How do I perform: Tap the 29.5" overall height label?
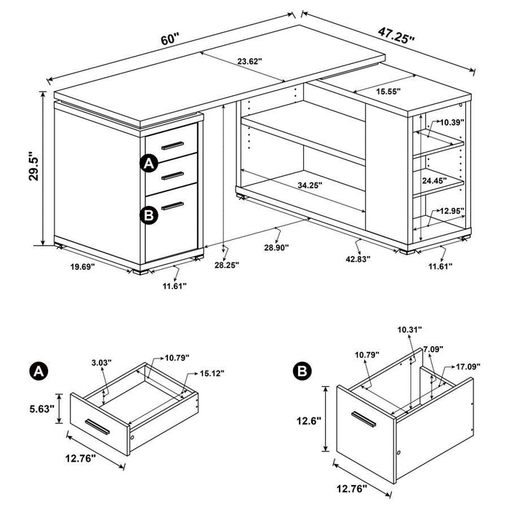24,167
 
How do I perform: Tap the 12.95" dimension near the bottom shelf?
451,212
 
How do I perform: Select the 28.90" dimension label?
274,248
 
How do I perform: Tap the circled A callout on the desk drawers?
149,164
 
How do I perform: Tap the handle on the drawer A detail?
97,426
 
